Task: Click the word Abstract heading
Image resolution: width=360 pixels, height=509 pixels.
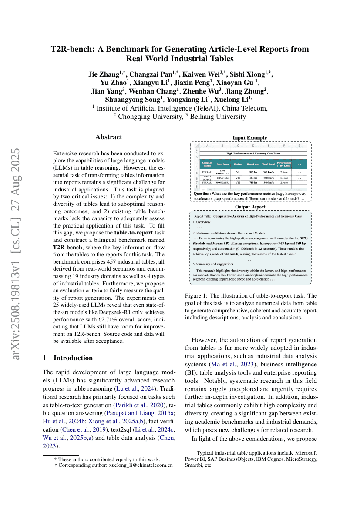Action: point(109,137)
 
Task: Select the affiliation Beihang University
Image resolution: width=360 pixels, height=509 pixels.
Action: point(222,116)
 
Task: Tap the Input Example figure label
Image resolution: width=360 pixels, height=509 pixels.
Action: point(249,138)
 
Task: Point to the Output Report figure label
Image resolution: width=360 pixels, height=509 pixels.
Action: point(249,207)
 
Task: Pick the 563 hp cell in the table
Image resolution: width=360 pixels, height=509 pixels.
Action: point(252,178)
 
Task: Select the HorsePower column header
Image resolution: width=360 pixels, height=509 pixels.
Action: point(252,164)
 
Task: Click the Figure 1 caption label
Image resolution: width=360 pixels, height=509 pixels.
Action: point(196,296)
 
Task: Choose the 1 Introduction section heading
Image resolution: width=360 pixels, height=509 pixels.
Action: point(67,358)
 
